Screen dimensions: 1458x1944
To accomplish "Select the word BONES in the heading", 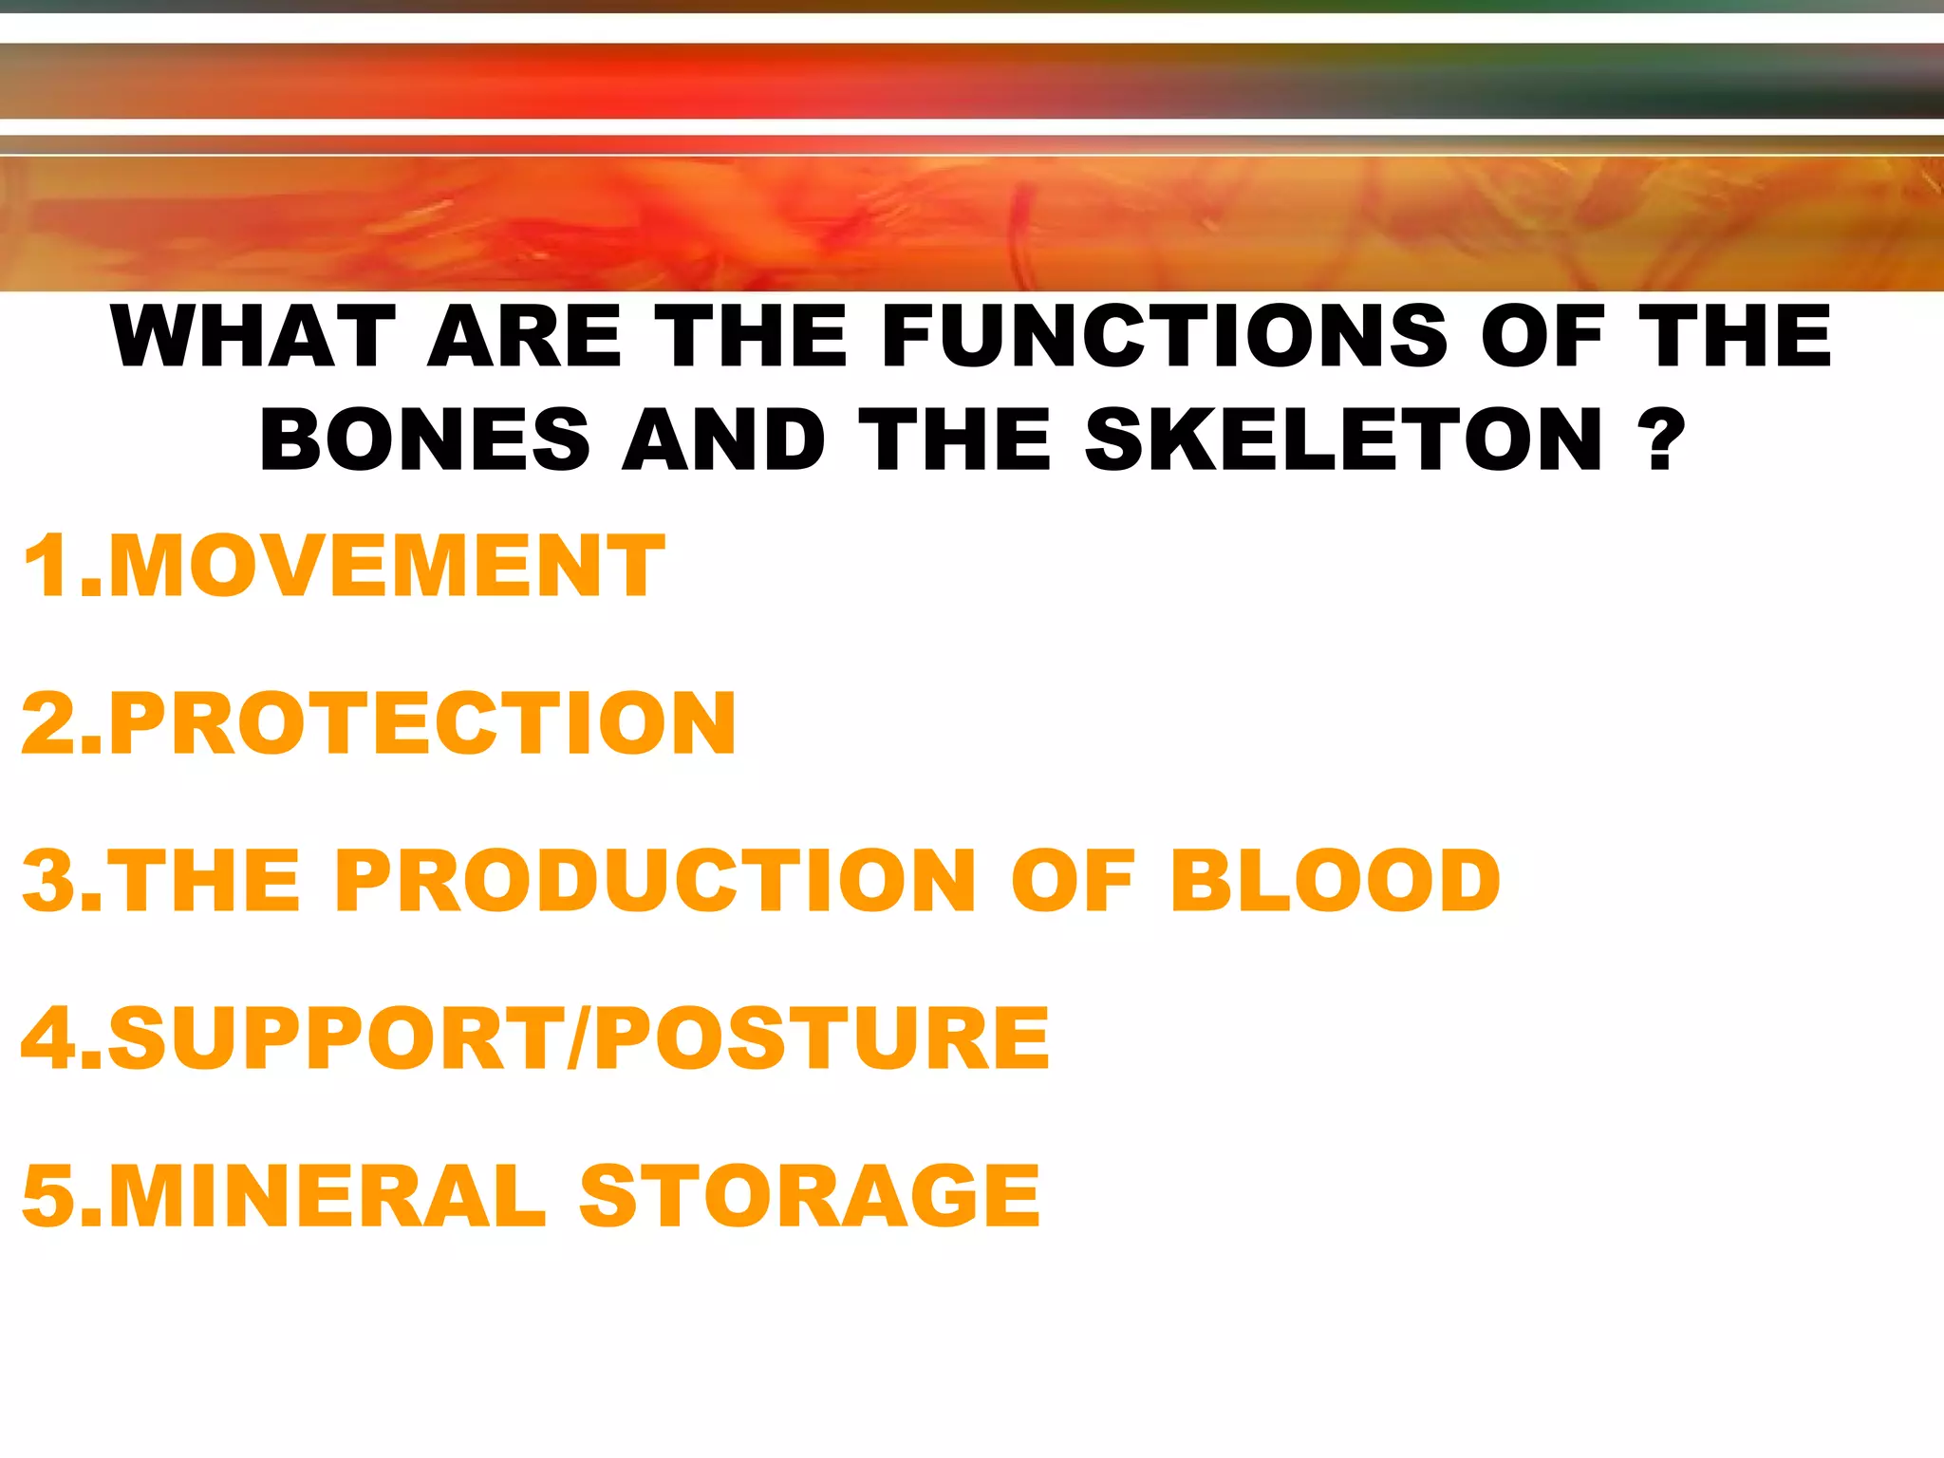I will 425,439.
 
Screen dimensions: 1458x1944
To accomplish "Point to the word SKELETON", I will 1344,439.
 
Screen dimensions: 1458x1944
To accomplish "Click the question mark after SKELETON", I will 1660,439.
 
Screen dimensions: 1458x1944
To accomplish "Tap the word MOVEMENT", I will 386,567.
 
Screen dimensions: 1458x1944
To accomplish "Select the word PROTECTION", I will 422,723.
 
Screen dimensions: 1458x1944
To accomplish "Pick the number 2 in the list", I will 51,723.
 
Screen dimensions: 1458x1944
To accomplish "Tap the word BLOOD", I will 1335,880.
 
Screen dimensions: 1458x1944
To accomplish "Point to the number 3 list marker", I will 51,880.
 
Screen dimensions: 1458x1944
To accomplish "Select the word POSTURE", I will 822,1037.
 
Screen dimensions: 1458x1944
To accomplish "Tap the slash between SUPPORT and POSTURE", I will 578,1037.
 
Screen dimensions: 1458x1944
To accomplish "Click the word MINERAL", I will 327,1195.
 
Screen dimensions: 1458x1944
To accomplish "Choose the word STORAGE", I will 810,1195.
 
